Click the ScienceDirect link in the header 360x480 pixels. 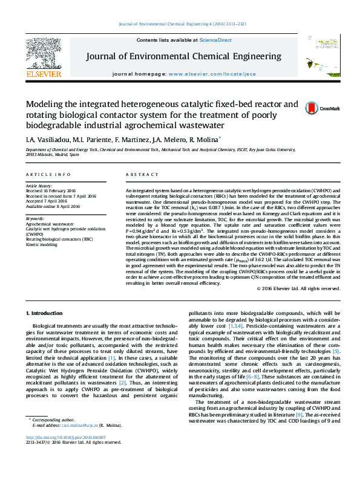tap(215, 40)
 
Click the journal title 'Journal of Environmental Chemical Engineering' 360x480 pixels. tap(183, 57)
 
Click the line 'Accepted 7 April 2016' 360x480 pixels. tap(51, 201)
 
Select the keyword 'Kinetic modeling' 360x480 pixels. tap(43, 245)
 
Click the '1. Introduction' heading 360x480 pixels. tap(46, 313)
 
